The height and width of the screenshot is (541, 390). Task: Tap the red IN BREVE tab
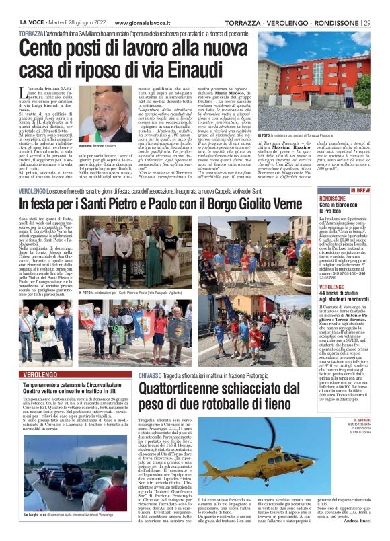tap(360, 191)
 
